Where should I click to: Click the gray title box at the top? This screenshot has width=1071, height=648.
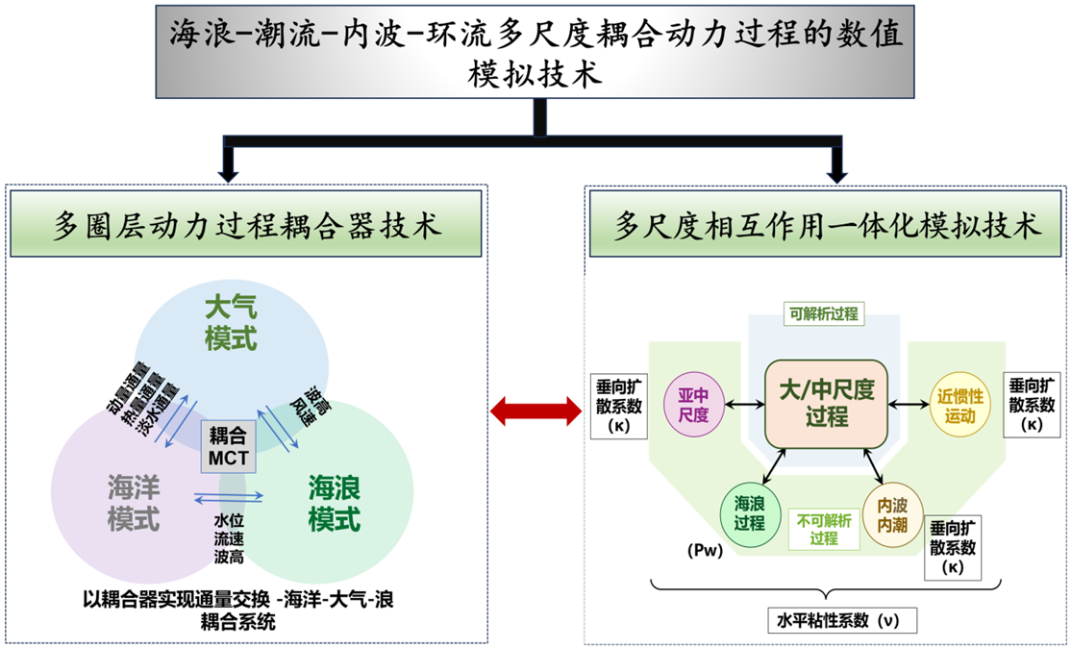[x=535, y=50]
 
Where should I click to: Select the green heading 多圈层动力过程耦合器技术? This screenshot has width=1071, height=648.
[x=246, y=228]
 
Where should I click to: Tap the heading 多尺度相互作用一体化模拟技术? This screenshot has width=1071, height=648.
[x=828, y=228]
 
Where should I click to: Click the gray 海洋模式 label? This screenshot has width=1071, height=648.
[x=134, y=503]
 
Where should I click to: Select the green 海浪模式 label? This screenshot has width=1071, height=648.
[x=334, y=503]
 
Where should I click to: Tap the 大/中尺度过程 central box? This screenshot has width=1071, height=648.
[x=825, y=404]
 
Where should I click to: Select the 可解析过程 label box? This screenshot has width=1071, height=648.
[x=824, y=313]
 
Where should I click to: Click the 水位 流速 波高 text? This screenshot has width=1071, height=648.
[x=228, y=537]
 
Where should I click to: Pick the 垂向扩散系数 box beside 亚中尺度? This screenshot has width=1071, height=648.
[x=613, y=405]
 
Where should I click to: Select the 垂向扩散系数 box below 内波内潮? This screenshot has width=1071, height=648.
[x=953, y=547]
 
